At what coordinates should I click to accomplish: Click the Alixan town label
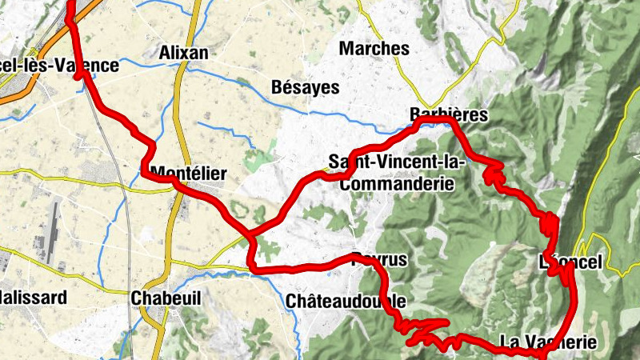point(183,53)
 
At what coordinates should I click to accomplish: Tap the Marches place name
point(374,49)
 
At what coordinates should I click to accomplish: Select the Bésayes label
point(306,87)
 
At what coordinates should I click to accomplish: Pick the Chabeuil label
point(165,298)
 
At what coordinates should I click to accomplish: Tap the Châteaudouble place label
point(346,302)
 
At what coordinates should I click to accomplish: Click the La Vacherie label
point(548,342)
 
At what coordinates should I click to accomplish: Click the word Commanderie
point(397,184)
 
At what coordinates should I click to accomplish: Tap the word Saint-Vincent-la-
point(397,162)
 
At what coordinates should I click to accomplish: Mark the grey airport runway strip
point(51,232)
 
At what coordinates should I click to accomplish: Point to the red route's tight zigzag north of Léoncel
point(550,223)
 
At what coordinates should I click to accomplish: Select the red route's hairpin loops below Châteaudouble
point(420,328)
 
